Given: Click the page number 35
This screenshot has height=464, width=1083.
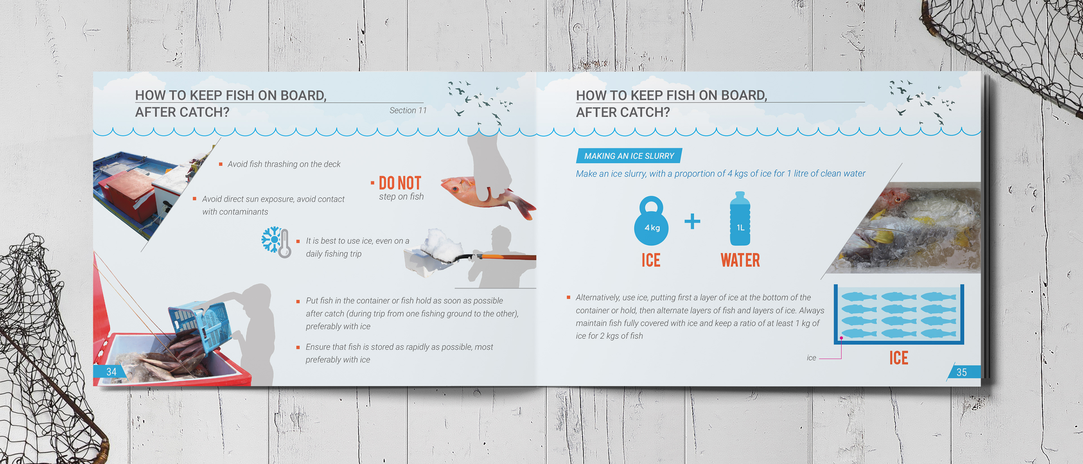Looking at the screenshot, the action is (x=961, y=372).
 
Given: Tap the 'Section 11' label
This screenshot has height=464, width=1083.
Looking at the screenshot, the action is (x=408, y=110).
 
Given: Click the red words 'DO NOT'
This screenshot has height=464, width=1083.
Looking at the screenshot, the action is (x=400, y=183).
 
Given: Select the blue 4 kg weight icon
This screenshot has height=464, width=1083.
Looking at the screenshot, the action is (x=651, y=221).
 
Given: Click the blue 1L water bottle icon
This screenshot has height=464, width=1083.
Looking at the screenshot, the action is (x=740, y=218).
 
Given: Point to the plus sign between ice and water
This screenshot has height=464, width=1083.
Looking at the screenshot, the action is (x=692, y=221).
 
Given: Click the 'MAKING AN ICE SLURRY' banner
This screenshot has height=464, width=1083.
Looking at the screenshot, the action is (x=629, y=156).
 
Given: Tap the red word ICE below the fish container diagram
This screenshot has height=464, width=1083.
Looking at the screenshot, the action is (x=899, y=358).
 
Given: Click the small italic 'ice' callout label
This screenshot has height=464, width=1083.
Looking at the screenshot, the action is (x=811, y=358).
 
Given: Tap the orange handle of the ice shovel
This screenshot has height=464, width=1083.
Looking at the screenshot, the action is (x=509, y=256).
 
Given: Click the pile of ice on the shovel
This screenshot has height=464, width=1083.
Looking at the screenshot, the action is (x=441, y=244).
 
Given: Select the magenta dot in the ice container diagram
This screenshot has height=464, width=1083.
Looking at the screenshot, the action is (x=841, y=338).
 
